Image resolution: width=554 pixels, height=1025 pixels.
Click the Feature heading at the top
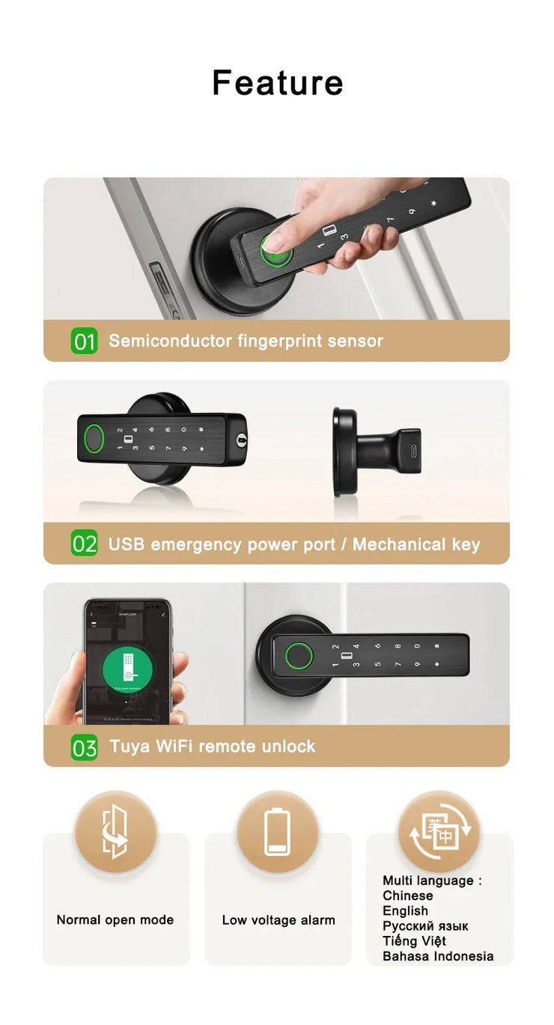pyautogui.click(x=277, y=82)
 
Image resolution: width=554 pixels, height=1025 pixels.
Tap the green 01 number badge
pyautogui.click(x=85, y=341)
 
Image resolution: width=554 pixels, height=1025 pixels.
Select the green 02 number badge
pyautogui.click(x=85, y=544)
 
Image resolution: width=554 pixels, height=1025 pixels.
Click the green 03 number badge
pyautogui.click(x=85, y=746)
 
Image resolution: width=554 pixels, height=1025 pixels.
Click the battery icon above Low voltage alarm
pyautogui.click(x=278, y=832)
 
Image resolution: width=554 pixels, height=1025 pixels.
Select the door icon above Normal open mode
pyautogui.click(x=115, y=832)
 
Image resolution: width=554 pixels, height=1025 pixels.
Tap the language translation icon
pyautogui.click(x=439, y=831)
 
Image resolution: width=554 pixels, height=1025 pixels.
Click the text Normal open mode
pyautogui.click(x=115, y=919)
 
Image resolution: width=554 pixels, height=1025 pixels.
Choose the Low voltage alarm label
pyautogui.click(x=278, y=920)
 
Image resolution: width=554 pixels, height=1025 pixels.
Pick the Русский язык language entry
pyautogui.click(x=425, y=926)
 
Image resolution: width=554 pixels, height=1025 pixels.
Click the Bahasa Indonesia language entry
pyautogui.click(x=438, y=956)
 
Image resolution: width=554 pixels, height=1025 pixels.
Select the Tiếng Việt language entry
pyautogui.click(x=414, y=941)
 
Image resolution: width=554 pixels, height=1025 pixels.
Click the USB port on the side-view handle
pyautogui.click(x=410, y=451)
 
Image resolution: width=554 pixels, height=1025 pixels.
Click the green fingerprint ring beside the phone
pyautogui.click(x=298, y=657)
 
